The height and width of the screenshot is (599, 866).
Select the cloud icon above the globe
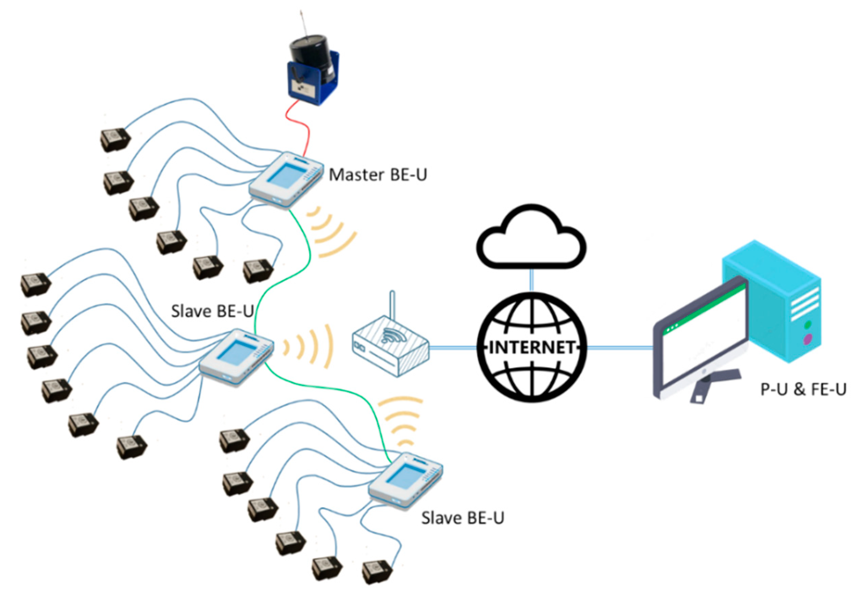[531, 240]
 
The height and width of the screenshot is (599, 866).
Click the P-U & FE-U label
[803, 389]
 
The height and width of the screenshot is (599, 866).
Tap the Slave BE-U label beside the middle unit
[212, 311]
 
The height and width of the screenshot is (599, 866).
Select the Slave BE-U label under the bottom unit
[462, 518]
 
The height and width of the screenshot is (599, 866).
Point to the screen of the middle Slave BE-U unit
[236, 353]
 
